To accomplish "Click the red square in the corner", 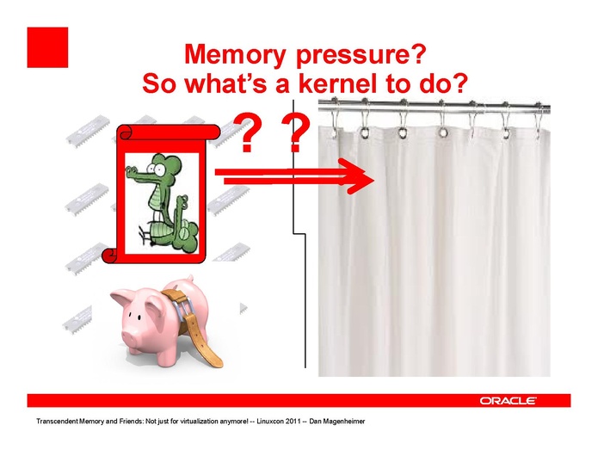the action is click(47, 47).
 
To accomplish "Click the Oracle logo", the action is click(508, 401).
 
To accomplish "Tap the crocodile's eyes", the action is click(156, 167).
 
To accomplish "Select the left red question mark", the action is click(246, 132).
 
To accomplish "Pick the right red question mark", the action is click(295, 132).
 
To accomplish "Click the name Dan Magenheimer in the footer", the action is click(336, 422).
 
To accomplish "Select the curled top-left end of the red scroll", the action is click(125, 132).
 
